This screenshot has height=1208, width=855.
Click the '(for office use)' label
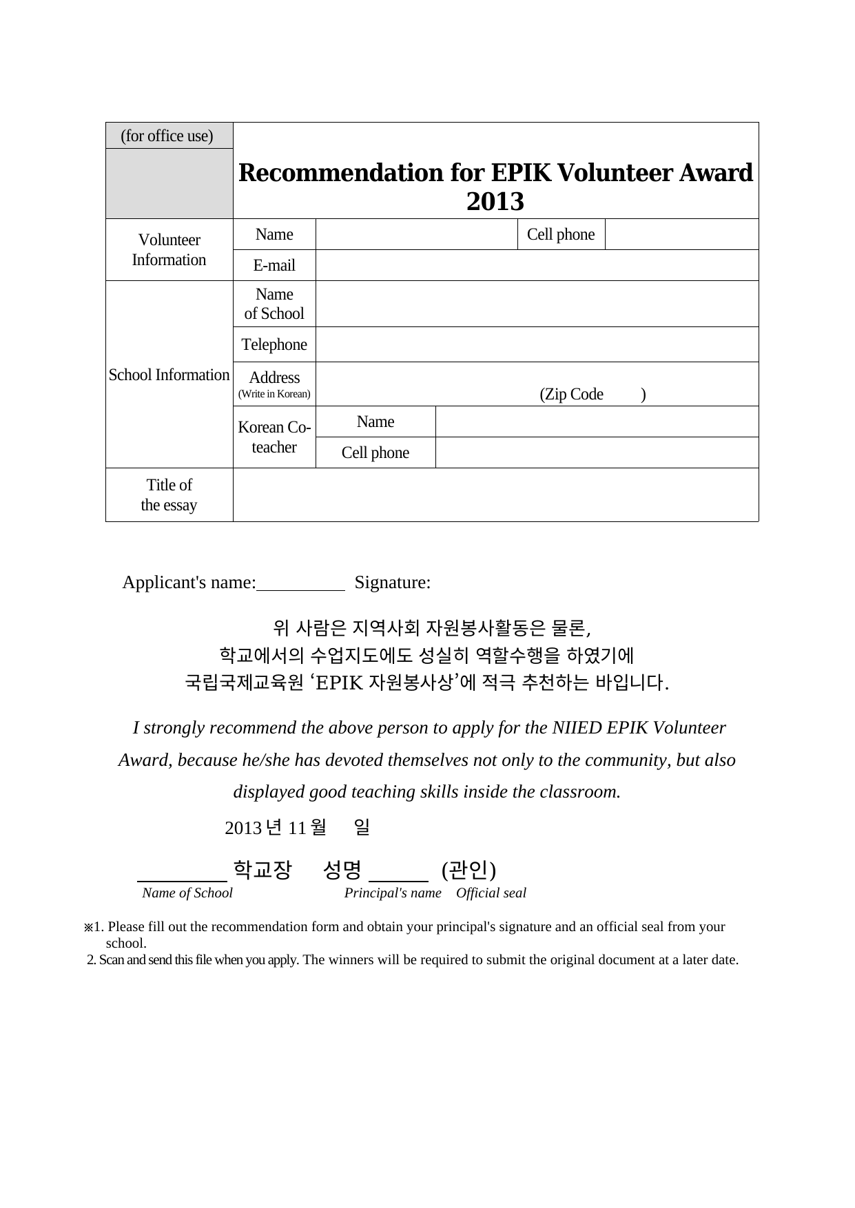167,136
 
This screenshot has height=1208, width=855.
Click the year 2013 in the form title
495,202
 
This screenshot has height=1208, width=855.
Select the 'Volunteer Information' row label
169,249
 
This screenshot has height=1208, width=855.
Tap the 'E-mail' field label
274,265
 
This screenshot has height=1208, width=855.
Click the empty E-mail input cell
537,265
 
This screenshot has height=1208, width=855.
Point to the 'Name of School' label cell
274,304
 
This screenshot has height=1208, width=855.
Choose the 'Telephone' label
274,344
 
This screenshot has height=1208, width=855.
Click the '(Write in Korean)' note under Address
274,395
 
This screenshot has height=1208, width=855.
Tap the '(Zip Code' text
571,395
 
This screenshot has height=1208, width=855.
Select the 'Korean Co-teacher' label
274,437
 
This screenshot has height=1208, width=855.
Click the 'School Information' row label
169,375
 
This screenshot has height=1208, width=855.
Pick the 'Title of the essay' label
169,494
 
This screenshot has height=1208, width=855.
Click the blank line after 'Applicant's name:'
300,584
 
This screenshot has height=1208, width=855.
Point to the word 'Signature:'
393,583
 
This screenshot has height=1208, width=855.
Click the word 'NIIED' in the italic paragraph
577,728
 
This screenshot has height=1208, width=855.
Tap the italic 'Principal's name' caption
393,893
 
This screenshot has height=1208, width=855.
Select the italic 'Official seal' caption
491,893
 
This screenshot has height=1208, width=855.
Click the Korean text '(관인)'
468,870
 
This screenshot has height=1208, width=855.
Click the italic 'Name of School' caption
187,893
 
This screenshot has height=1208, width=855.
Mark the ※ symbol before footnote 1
88,927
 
